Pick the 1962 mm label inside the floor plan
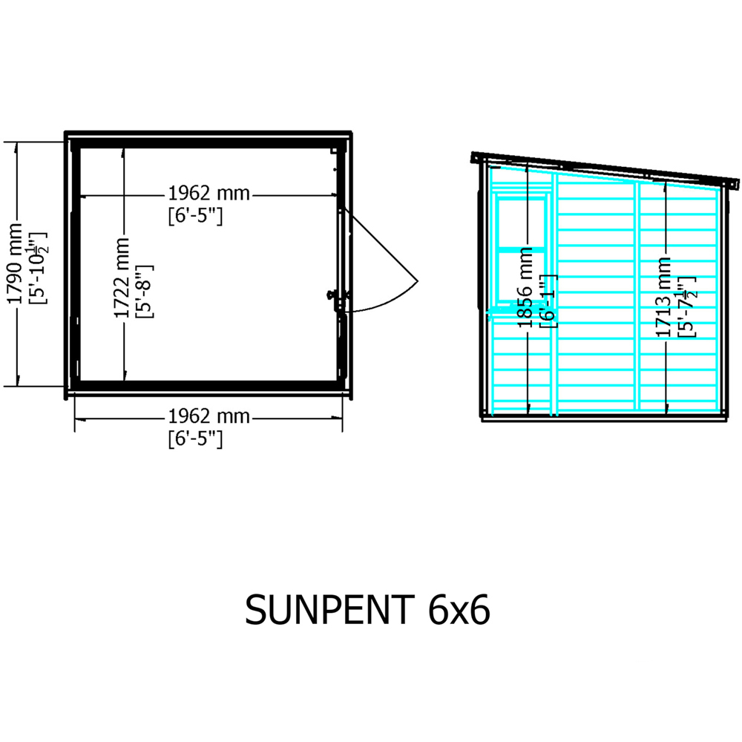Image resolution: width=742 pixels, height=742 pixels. click(208, 194)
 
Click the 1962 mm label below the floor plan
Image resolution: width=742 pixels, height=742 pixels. click(208, 417)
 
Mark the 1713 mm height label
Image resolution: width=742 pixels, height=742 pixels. click(664, 297)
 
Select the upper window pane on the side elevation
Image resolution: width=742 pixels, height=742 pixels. click(522, 223)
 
